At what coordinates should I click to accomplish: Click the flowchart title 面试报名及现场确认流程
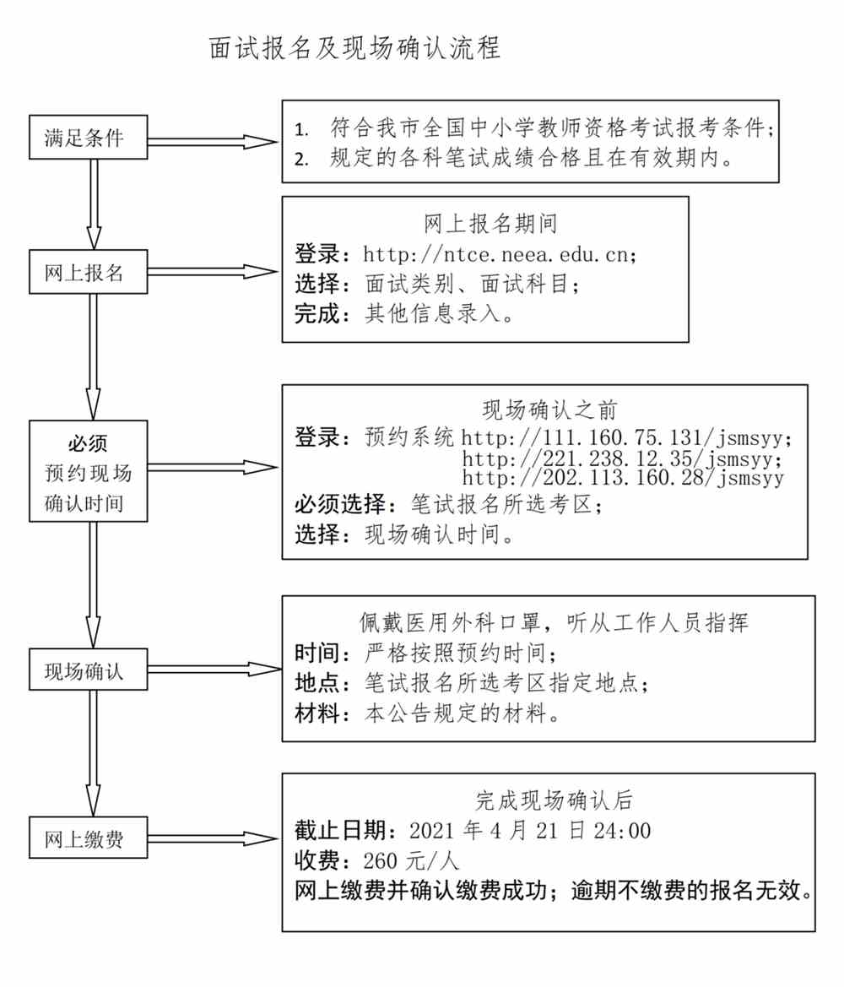click(x=354, y=48)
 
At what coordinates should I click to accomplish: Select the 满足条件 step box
click(x=88, y=137)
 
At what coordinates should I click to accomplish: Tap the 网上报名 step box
click(x=88, y=272)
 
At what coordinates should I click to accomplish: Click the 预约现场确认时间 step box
click(x=88, y=471)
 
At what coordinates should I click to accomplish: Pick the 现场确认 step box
click(x=88, y=670)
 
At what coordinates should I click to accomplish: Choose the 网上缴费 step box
click(x=88, y=838)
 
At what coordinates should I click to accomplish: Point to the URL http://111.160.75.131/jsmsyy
click(x=622, y=437)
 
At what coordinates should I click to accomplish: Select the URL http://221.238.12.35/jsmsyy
click(x=622, y=458)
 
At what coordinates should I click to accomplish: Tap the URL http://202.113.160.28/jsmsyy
click(x=623, y=478)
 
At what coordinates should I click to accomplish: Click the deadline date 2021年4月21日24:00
click(x=530, y=830)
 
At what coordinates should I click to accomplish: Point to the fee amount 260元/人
click(x=411, y=860)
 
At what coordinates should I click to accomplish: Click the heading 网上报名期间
click(x=490, y=223)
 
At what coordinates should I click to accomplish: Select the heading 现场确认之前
click(x=549, y=409)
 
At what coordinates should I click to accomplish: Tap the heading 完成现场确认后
click(x=554, y=800)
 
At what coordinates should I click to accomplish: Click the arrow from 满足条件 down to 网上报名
click(x=94, y=204)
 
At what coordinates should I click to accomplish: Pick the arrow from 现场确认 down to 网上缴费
click(x=93, y=753)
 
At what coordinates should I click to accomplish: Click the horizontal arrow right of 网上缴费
click(x=213, y=838)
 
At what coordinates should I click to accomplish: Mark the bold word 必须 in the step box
click(x=88, y=443)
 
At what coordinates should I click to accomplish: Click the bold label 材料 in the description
click(x=317, y=713)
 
